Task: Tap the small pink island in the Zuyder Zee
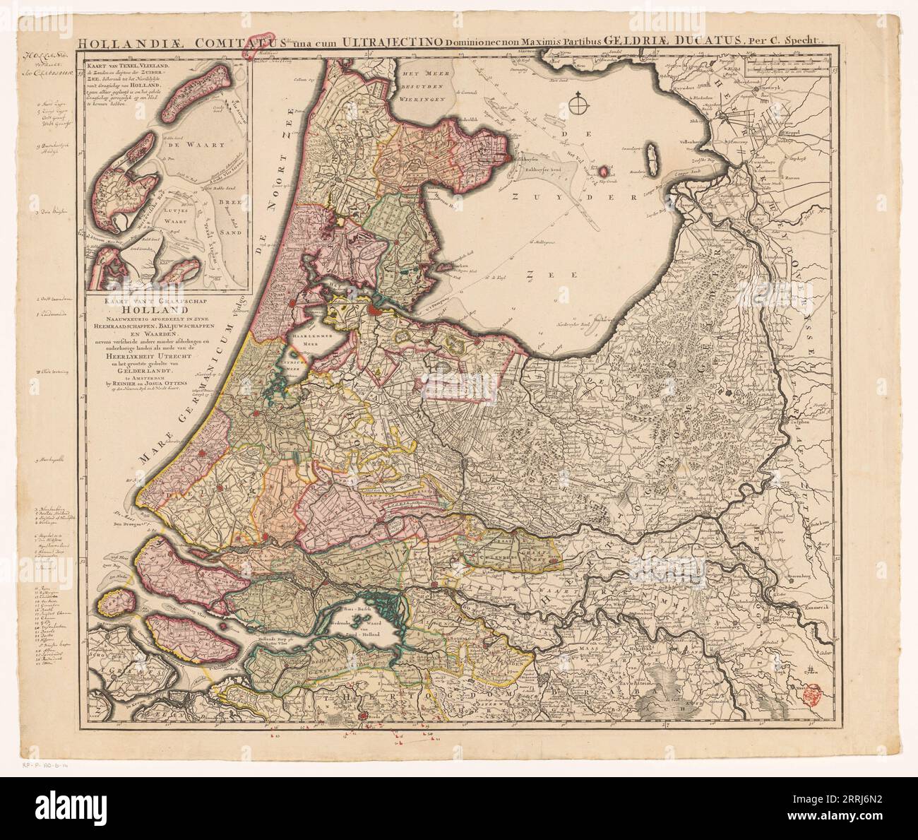tap(604, 170)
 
